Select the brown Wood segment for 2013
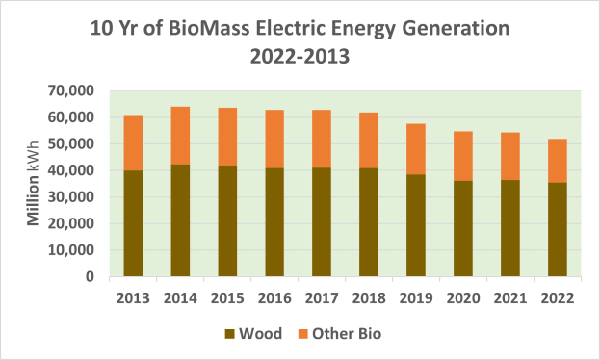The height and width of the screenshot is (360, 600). (x=134, y=223)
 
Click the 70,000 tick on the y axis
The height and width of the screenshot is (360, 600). (x=70, y=91)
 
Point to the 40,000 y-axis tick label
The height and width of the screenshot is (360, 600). (x=70, y=170)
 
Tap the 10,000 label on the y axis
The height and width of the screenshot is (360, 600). (x=70, y=250)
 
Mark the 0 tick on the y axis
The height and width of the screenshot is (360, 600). (x=89, y=277)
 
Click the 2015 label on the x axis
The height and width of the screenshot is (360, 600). (x=226, y=297)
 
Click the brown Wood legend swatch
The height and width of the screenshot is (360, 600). (x=229, y=334)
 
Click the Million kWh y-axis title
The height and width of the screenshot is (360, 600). (x=33, y=184)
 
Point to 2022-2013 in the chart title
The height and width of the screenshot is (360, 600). (x=300, y=57)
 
